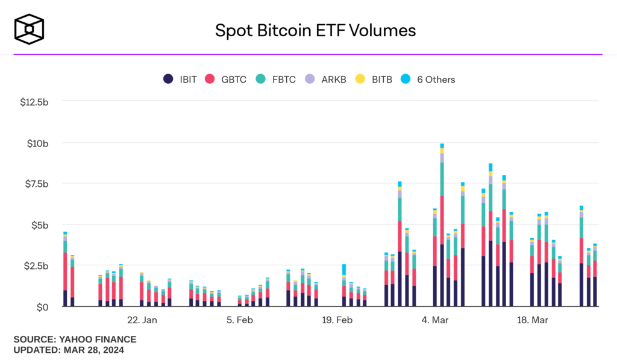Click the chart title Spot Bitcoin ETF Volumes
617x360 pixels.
click(315, 31)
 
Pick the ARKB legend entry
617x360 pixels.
click(326, 80)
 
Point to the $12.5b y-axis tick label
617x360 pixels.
click(34, 102)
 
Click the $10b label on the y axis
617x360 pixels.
click(38, 143)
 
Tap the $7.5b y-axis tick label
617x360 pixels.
click(36, 184)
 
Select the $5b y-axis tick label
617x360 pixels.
click(40, 225)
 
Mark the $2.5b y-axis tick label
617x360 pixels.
click(36, 266)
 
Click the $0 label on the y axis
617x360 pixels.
click(42, 307)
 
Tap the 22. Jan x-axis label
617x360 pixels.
click(142, 320)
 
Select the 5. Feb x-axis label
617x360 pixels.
click(240, 320)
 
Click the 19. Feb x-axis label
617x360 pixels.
click(337, 320)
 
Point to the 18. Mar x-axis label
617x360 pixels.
click(532, 320)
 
